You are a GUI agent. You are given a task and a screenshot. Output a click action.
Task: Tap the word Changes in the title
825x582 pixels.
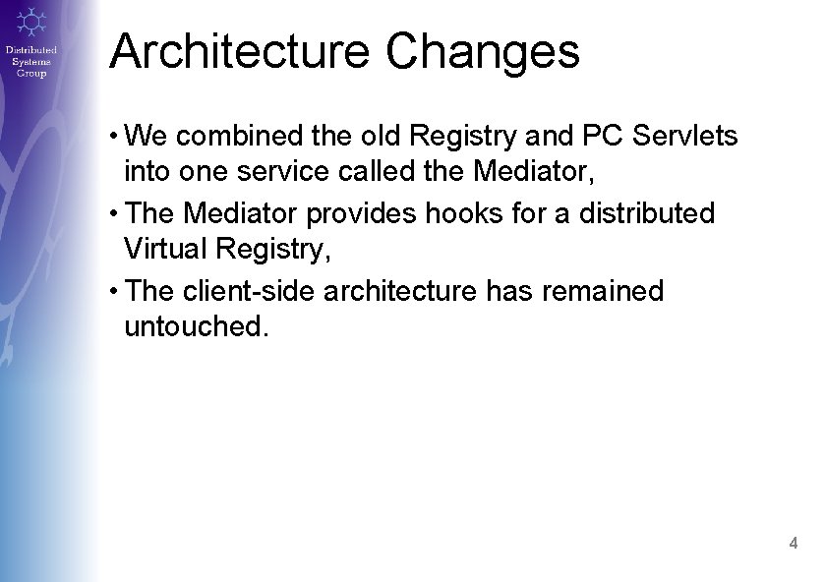[482, 53]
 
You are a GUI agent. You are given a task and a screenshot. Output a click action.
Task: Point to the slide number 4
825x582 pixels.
[793, 543]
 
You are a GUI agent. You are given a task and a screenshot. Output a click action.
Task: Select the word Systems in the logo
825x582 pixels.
[30, 62]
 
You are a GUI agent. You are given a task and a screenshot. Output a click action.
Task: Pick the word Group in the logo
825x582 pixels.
[30, 74]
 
